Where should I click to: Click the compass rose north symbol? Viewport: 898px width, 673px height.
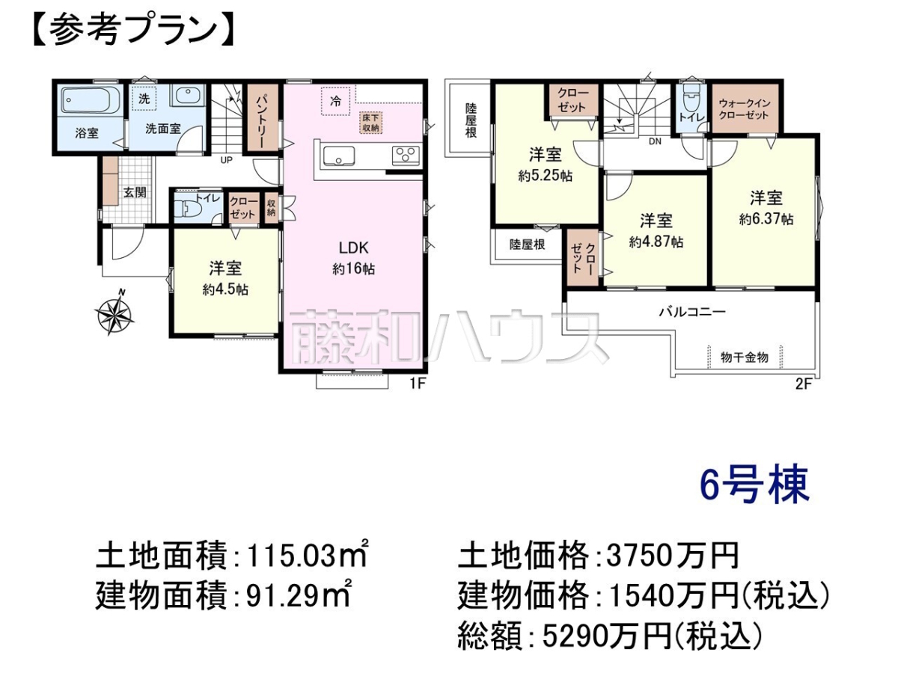(x=114, y=313)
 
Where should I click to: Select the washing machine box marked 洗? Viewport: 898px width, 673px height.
(x=144, y=99)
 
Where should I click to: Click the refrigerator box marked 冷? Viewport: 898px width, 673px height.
(x=335, y=101)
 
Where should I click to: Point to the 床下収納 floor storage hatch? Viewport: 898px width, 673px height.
(x=370, y=122)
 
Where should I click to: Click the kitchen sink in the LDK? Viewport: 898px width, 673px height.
(x=339, y=156)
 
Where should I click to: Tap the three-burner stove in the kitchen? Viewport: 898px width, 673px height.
(x=406, y=156)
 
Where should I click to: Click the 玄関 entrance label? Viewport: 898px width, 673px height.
(x=135, y=192)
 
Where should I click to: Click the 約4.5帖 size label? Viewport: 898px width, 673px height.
(x=225, y=289)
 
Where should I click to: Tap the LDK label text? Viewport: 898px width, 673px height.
(x=353, y=248)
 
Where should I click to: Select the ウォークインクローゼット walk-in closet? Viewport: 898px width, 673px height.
(x=744, y=108)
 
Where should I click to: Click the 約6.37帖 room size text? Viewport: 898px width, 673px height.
(x=766, y=219)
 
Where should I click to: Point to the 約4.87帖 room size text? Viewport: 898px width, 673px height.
(x=656, y=242)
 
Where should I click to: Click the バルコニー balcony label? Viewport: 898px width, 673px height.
(x=692, y=312)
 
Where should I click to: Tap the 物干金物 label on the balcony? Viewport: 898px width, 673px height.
(x=745, y=357)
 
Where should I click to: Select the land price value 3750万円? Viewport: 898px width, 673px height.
(x=673, y=556)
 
